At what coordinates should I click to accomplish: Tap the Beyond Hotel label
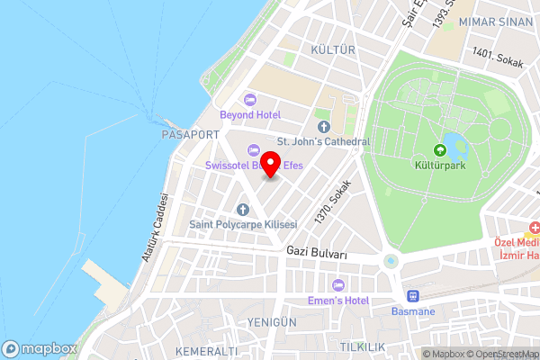[250, 115]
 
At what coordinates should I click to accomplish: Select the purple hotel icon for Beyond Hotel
[250, 100]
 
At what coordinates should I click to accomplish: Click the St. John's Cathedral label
[323, 141]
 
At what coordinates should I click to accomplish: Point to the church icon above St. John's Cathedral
[323, 126]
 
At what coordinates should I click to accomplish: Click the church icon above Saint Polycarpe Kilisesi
[242, 209]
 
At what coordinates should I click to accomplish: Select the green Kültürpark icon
[440, 150]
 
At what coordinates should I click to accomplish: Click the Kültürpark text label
[440, 167]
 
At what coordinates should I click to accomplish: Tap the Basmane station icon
[414, 295]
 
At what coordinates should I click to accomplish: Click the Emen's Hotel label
[338, 300]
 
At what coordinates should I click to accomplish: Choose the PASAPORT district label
[190, 134]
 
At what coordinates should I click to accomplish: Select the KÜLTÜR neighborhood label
[333, 49]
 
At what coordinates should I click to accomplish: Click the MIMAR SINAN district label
[497, 21]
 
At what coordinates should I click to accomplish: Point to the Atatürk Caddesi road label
[154, 228]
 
